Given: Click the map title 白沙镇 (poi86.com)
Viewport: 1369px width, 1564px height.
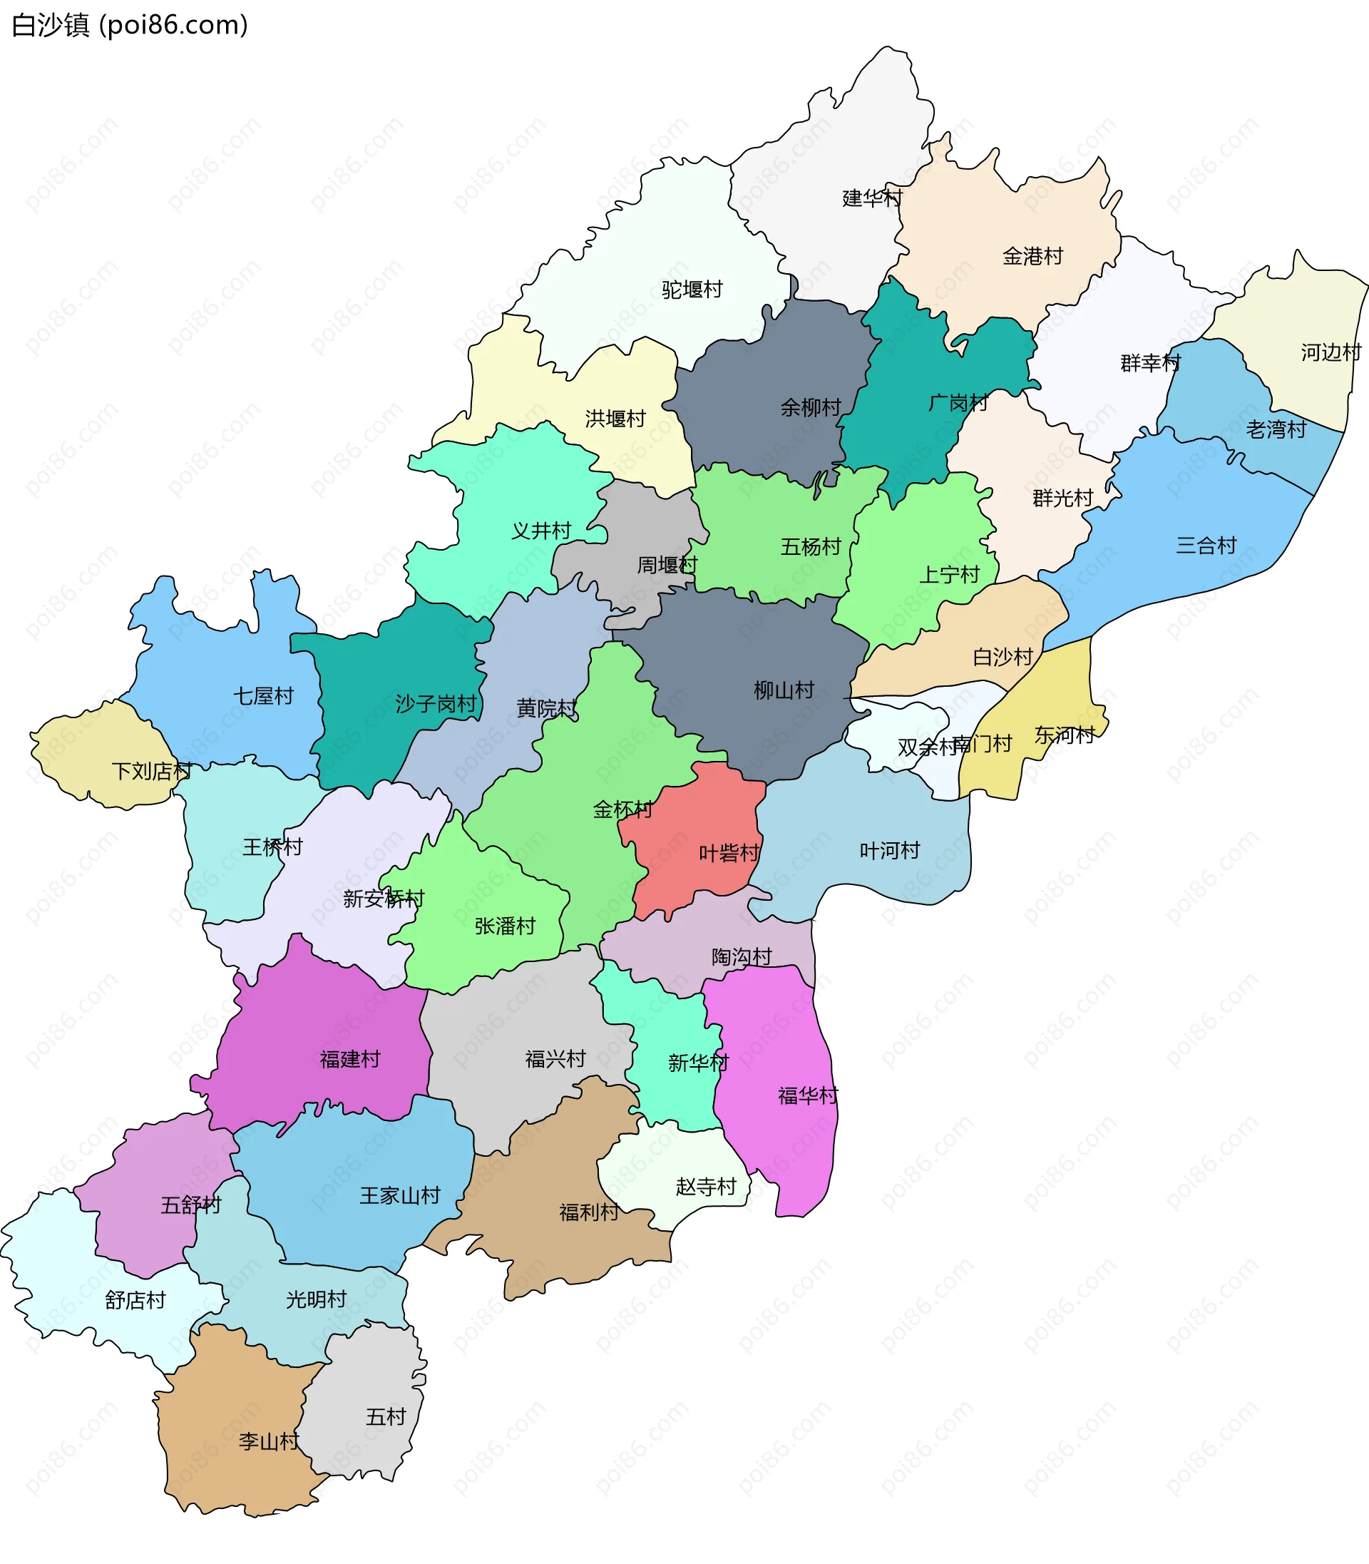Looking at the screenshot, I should point(130,25).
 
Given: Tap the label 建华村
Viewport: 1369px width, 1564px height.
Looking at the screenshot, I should point(871,198).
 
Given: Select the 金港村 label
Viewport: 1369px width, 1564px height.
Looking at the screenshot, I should point(1032,256).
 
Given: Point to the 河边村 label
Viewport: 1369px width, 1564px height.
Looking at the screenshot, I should point(1330,352).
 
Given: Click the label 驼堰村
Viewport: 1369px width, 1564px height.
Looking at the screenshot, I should point(692,290).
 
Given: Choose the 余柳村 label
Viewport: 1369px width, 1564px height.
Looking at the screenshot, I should point(810,407).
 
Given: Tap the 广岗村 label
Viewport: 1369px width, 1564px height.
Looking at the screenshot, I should point(958,402).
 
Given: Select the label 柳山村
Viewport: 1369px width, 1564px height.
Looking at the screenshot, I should point(783,690).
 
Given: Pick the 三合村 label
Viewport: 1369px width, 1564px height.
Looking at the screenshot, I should point(1206,545).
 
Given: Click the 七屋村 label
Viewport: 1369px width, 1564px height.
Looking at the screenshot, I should point(263,695).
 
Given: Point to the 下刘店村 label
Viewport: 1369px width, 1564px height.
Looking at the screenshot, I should point(151,770).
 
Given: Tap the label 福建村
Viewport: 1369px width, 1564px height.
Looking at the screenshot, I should point(349,1058).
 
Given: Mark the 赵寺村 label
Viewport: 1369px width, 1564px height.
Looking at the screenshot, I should point(705,1186).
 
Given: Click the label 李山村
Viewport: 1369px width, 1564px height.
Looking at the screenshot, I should point(268,1441).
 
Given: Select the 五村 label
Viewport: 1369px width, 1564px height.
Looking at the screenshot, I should point(385,1416).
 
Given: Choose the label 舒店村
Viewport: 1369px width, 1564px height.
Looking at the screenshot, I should point(135,1299).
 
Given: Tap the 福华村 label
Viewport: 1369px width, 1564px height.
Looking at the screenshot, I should point(807,1095).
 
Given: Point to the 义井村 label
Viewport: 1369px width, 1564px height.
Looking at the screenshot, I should point(541,530).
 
